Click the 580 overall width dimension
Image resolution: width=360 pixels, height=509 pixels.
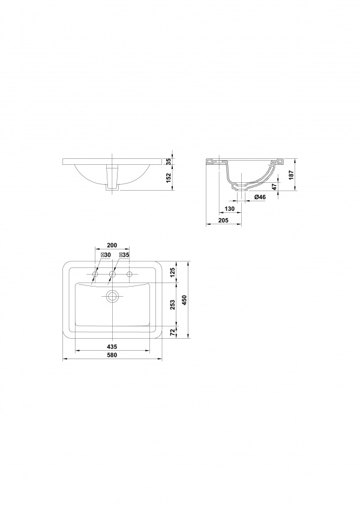pos(112,355)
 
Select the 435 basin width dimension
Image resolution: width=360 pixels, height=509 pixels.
pos(112,347)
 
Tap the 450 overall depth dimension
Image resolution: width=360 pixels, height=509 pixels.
pos(184,300)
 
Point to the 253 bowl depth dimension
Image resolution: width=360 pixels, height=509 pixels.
pos(173,305)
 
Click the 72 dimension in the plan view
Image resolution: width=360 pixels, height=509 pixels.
pos(173,332)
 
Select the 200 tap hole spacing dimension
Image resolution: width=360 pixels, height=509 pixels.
pos(112,245)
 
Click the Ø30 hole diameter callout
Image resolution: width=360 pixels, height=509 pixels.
pos(106,255)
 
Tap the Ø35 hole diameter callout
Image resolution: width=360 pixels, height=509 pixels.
pos(124,255)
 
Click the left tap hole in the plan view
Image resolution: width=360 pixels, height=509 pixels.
pos(95,275)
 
